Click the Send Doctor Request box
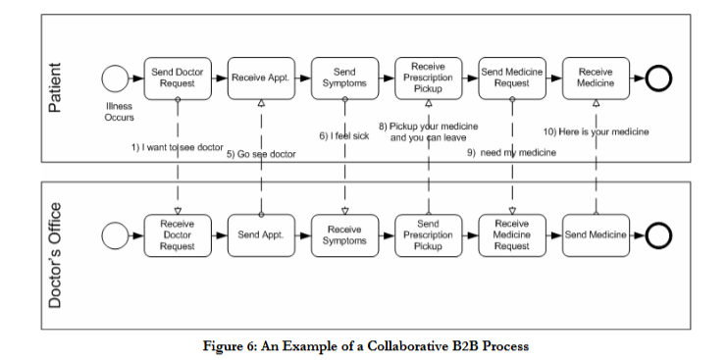(x=178, y=78)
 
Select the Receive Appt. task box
(x=261, y=78)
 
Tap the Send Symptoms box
(x=344, y=78)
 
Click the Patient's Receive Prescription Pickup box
(x=428, y=78)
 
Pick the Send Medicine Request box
(x=511, y=78)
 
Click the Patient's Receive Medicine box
(x=595, y=78)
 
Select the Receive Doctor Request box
(x=178, y=235)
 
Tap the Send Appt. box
(x=261, y=235)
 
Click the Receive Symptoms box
(x=344, y=235)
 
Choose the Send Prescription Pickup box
(x=428, y=235)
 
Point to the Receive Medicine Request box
(x=511, y=235)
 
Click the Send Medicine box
(x=595, y=235)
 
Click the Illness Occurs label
(x=119, y=112)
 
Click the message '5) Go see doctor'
(x=261, y=154)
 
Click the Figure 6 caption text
(x=365, y=346)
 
